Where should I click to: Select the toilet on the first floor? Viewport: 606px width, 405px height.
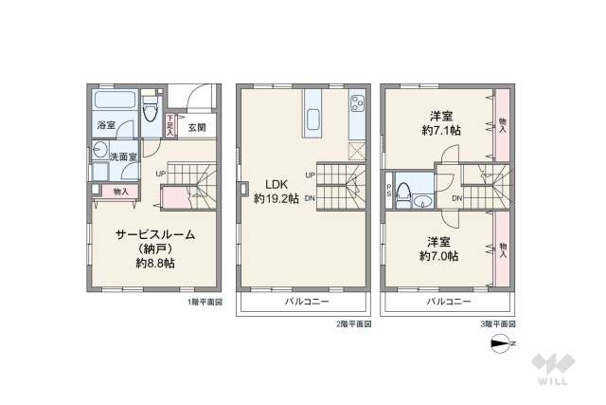click(x=150, y=114)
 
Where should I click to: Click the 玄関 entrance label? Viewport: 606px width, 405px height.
click(x=196, y=127)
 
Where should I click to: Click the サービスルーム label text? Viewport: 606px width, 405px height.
click(x=154, y=233)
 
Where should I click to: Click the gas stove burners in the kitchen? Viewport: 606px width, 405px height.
click(x=358, y=102)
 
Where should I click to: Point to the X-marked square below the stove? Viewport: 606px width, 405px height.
click(x=356, y=150)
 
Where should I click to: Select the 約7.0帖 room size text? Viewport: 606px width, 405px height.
click(x=438, y=256)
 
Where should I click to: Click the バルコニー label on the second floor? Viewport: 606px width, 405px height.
click(x=307, y=302)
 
